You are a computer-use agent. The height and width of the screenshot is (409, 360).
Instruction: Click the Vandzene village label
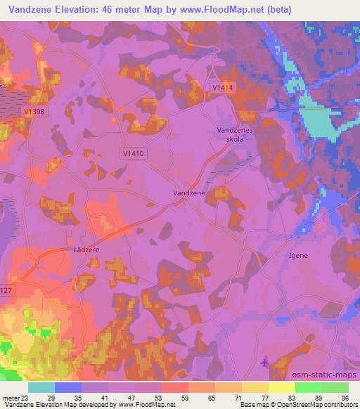click(x=189, y=192)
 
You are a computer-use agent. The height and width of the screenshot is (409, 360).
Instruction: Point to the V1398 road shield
click(x=36, y=112)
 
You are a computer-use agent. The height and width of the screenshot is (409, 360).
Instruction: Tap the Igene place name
click(x=298, y=256)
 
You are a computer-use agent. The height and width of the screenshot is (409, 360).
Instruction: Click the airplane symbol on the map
click(x=264, y=363)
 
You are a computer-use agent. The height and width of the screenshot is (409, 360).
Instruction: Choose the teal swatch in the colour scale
click(x=41, y=387)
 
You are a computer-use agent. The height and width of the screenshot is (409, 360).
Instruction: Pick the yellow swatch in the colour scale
click(x=281, y=387)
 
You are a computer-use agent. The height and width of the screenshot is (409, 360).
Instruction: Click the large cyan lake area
click(x=317, y=126)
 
